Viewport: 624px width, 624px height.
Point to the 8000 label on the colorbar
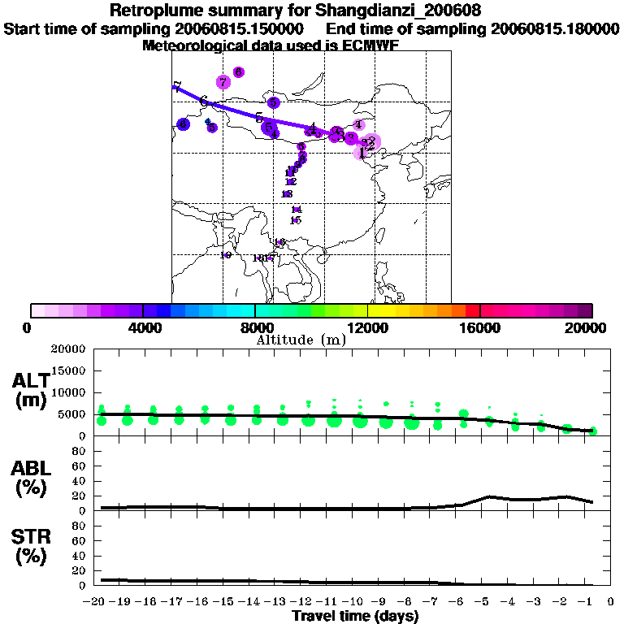pos(255,327)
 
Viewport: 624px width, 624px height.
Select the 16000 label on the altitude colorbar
pos(479,327)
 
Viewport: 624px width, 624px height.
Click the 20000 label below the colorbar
pos(590,327)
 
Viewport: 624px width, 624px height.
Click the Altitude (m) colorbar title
pos(301,340)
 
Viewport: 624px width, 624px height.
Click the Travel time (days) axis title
pos(355,617)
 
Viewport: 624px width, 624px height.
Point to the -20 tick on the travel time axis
pos(96,604)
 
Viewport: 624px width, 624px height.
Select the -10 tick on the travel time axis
pos(355,604)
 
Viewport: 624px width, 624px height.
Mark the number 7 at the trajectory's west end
pos(176,88)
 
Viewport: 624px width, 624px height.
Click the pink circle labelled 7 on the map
pos(223,82)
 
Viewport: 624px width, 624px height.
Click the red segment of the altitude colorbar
pos(473,310)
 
